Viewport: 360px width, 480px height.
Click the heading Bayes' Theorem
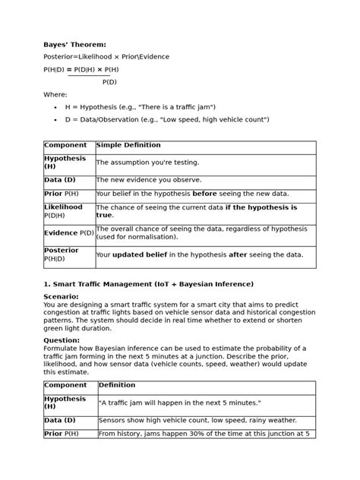pos(75,45)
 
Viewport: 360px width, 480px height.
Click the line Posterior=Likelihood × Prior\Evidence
pos(106,57)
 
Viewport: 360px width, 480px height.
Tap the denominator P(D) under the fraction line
pos(109,81)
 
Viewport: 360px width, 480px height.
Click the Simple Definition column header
pos(128,145)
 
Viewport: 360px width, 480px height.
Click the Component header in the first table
pos(65,145)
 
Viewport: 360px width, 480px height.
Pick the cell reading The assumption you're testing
pos(147,163)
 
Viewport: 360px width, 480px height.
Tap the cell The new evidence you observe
pos(149,180)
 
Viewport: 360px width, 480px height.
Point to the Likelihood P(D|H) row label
pos(63,211)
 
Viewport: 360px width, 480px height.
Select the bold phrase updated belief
pos(144,254)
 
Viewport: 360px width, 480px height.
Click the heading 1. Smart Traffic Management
pos(149,284)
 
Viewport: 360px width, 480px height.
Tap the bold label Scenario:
pos(61,296)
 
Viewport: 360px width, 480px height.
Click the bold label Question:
pos(62,340)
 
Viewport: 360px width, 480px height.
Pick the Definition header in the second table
pos(118,385)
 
